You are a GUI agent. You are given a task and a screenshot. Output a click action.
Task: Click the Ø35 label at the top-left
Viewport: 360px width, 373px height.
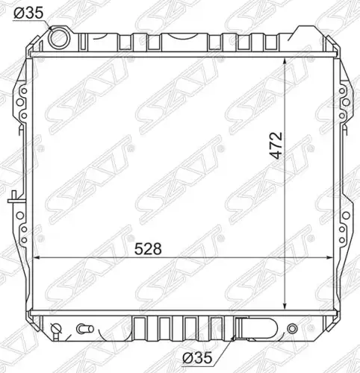click(28, 13)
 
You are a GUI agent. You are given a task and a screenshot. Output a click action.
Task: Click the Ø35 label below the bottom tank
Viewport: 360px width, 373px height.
click(197, 358)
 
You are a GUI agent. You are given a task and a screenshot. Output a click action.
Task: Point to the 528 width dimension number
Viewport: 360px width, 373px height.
click(148, 249)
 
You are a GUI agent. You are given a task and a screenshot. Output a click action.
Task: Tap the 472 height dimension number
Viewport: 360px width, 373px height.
click(276, 145)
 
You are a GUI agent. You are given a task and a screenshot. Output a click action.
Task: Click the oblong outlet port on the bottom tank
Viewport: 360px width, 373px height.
click(257, 328)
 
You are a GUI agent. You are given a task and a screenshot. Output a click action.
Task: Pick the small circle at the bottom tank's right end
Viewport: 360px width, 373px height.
click(292, 328)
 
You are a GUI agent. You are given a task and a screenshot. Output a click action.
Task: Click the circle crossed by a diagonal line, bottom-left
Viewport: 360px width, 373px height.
click(55, 328)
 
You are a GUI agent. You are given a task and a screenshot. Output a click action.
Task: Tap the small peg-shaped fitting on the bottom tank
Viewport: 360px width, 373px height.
click(85, 329)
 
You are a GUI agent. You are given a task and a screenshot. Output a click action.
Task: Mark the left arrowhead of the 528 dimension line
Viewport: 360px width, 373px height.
click(37, 258)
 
